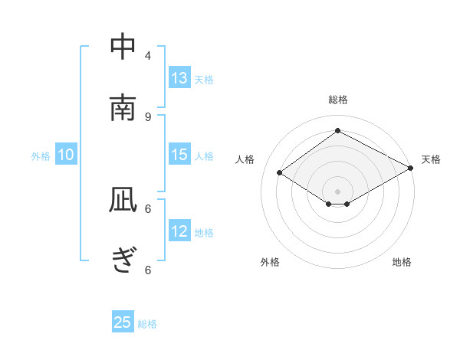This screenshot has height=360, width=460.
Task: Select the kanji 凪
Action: pyautogui.click(x=123, y=199)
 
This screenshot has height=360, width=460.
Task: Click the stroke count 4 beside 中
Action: pyautogui.click(x=148, y=55)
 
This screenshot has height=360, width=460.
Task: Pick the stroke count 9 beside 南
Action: pyautogui.click(x=148, y=116)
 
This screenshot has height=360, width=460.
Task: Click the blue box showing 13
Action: pyautogui.click(x=179, y=78)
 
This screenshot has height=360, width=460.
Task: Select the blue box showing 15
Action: pyautogui.click(x=179, y=155)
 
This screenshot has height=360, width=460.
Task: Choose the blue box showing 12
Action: pyautogui.click(x=179, y=231)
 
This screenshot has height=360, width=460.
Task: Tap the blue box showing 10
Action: pyautogui.click(x=66, y=155)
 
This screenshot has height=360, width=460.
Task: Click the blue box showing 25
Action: pyautogui.click(x=123, y=322)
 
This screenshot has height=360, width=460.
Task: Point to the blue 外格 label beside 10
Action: pyautogui.click(x=41, y=156)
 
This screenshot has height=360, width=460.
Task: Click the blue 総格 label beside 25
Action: pyautogui.click(x=147, y=324)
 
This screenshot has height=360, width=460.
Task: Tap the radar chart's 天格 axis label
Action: pyautogui.click(x=431, y=159)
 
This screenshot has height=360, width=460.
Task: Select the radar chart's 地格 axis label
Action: pyautogui.click(x=402, y=262)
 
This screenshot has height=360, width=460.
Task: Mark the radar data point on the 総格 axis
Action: pyautogui.click(x=337, y=131)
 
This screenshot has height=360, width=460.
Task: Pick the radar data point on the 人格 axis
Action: pyautogui.click(x=280, y=173)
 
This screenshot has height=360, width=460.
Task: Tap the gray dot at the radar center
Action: pyautogui.click(x=337, y=191)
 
